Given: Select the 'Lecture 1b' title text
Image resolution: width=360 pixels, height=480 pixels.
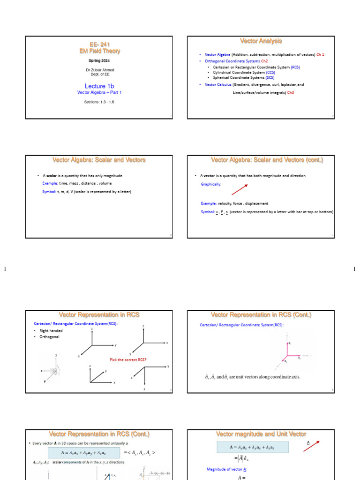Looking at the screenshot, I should (x=99, y=86).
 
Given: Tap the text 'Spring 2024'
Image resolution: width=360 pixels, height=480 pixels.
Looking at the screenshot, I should (x=99, y=60).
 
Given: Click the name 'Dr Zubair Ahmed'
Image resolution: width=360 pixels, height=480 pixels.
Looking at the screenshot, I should (x=99, y=70).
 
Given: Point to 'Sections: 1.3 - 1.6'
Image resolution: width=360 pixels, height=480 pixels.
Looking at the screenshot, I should (x=99, y=102).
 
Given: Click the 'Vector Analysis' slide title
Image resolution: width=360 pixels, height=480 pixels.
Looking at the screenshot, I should (x=261, y=41).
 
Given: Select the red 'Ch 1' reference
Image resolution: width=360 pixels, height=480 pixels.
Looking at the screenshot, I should (x=320, y=54).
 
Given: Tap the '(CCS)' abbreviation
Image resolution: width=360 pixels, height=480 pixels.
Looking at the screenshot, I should (x=270, y=73).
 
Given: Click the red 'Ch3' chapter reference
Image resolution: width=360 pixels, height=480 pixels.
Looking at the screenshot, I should (x=290, y=92).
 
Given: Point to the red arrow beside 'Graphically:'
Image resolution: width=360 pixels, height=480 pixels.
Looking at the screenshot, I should (x=239, y=189).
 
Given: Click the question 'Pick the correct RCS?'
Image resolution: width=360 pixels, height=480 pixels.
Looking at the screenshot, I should (x=128, y=360).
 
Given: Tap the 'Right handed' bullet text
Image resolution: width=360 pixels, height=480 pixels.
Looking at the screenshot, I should (x=51, y=330).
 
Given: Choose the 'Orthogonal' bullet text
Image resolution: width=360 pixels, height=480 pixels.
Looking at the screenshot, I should (x=50, y=337).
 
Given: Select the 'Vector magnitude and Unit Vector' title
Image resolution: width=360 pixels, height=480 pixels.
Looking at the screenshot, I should (x=261, y=434).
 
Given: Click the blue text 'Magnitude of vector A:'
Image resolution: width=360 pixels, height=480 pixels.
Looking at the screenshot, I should (x=227, y=469).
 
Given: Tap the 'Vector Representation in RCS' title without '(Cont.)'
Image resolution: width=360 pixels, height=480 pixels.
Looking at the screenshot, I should (x=99, y=315).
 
